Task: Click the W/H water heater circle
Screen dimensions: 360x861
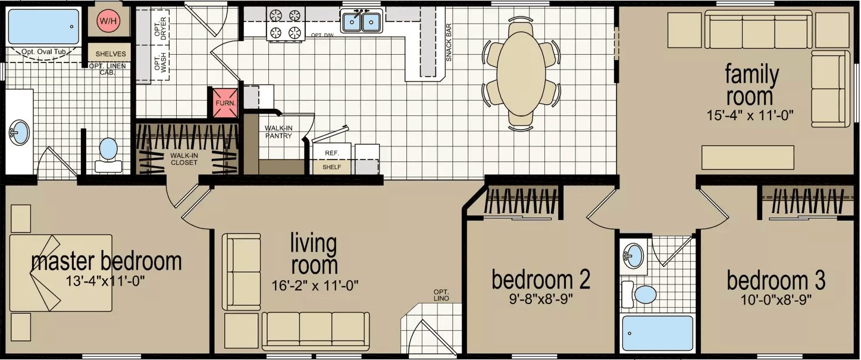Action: (x=108, y=22)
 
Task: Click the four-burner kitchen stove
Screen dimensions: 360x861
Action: (x=286, y=24)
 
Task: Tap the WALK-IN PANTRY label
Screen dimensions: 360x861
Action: (x=278, y=132)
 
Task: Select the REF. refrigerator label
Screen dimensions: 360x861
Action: (x=331, y=153)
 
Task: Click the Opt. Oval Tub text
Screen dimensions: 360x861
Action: (x=43, y=52)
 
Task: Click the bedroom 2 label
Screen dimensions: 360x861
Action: (x=541, y=279)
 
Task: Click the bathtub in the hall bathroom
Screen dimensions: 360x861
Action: (x=658, y=334)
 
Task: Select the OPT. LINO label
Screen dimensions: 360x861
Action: (x=441, y=295)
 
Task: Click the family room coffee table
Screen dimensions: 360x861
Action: (x=747, y=157)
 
